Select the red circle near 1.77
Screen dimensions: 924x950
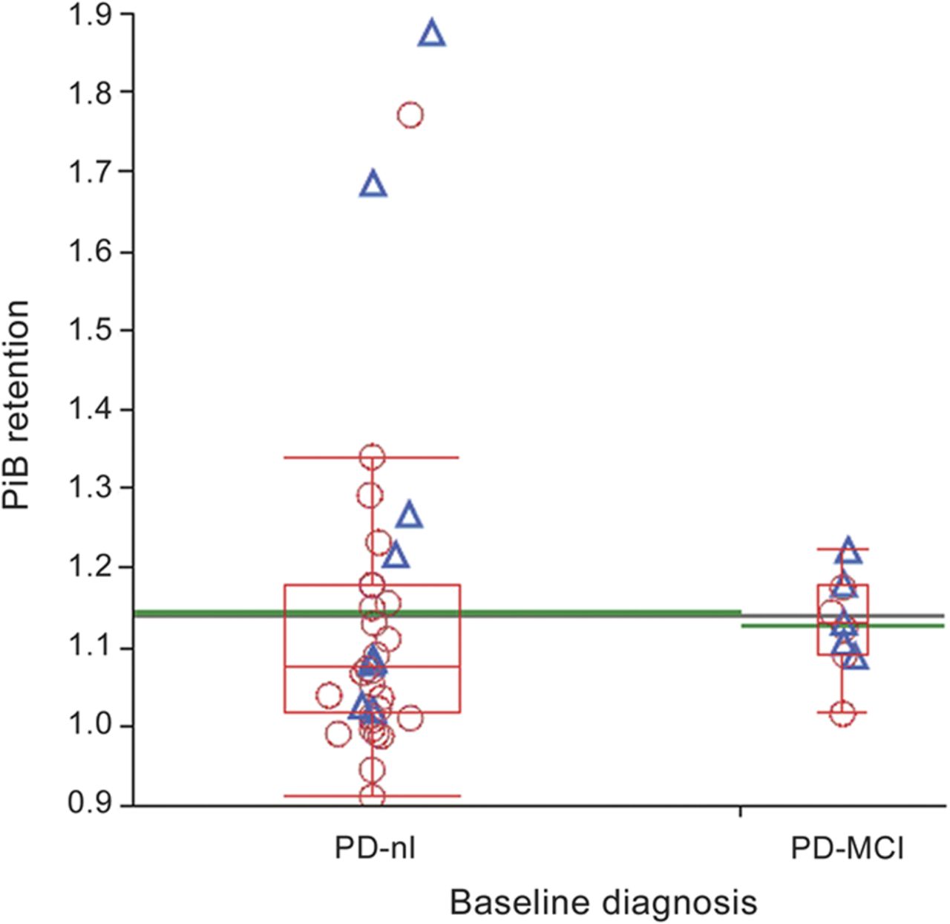410,115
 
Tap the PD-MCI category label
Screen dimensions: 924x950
847,847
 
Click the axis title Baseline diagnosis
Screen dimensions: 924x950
603,902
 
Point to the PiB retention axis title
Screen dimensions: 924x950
16,405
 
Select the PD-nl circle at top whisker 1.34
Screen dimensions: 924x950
372,458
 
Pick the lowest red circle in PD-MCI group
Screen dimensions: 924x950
843,714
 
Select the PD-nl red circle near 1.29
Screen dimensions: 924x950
370,495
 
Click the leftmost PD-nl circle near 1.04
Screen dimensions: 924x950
329,696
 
